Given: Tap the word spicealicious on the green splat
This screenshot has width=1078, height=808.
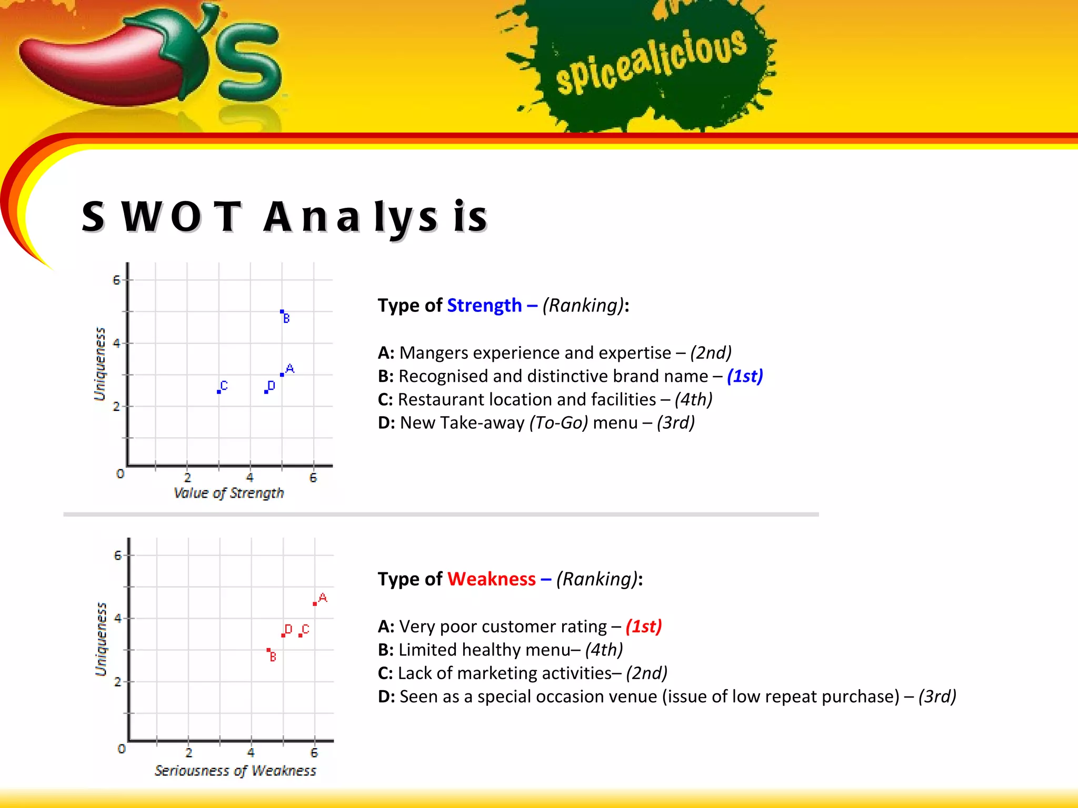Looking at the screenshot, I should pos(651,62).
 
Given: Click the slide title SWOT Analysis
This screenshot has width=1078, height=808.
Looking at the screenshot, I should pos(285,217).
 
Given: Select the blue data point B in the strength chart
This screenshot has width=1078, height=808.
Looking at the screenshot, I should pos(282,312).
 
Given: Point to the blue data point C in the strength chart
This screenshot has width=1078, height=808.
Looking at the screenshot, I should pos(219,392).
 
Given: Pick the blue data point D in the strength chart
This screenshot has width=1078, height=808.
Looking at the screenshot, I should pos(266,392).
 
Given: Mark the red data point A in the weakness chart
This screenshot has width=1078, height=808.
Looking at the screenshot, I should pos(315,604).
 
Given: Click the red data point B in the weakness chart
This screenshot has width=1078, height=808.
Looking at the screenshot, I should pos(268,650).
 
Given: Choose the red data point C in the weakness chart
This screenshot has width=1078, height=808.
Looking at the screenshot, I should pos(300,635).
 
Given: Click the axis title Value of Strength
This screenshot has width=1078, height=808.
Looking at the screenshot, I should pos(228,493).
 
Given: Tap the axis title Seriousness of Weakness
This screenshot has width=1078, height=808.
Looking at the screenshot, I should pos(235,771).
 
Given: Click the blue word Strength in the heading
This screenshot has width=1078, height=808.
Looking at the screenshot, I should pos(484,306).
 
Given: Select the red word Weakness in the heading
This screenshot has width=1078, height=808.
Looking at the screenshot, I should pos(491,579).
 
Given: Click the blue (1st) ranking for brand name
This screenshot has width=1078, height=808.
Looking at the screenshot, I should pos(745,376).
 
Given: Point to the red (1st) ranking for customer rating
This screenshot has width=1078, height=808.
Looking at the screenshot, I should pos(643,627).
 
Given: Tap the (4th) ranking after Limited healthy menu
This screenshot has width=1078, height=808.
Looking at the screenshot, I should pos(604,650).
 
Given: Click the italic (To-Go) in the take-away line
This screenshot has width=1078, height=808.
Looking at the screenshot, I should pos(558,423).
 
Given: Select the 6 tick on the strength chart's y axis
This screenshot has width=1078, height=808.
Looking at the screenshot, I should pos(116,280).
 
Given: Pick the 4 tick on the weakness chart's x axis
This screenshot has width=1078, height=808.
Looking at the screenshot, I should pos(251,753).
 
